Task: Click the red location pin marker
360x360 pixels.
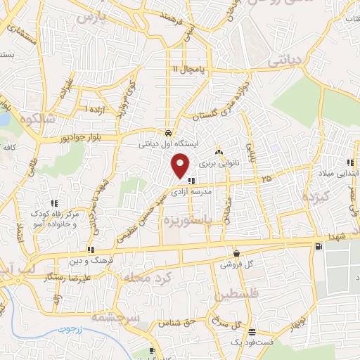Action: [x=181, y=165]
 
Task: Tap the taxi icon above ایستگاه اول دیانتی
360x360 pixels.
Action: [x=168, y=132]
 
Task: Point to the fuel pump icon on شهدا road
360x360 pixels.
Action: [x=320, y=245]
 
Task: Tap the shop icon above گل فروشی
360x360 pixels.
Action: [x=236, y=253]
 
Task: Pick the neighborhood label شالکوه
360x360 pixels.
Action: [x=36, y=117]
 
